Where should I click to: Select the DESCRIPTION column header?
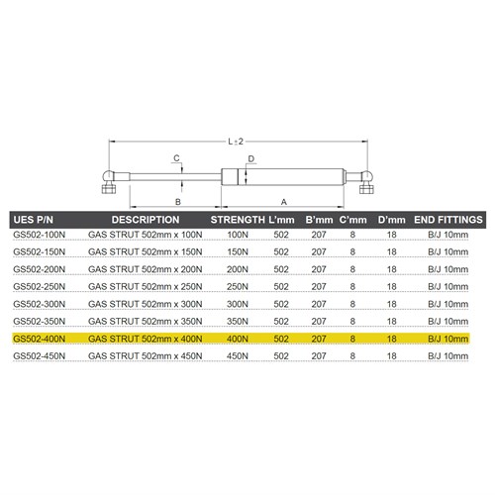pos(145,219)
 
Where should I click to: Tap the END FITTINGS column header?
pos(447,219)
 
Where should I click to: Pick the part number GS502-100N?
pos(41,236)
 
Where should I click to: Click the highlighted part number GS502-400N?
pos(41,339)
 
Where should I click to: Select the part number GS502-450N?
pos(41,355)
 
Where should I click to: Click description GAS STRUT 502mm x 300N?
pos(145,304)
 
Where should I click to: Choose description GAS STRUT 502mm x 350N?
pos(145,322)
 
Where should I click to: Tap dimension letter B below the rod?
pos(176,201)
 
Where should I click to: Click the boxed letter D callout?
pos(251,158)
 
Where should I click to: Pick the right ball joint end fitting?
pos(367,179)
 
